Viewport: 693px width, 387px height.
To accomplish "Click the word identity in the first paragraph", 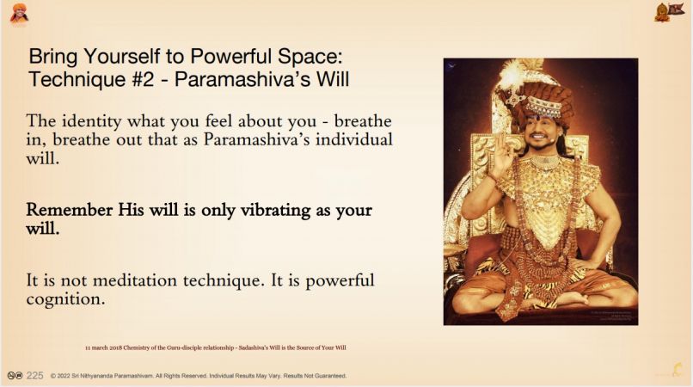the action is pos(91,121).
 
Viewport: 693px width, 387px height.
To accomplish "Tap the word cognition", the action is pos(66,300).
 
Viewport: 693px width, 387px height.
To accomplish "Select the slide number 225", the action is pos(35,376).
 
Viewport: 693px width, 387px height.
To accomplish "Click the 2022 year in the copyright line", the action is pos(64,376).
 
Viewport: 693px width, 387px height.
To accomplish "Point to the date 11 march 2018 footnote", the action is pos(103,347).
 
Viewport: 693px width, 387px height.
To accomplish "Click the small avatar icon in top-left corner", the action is pos(19,14).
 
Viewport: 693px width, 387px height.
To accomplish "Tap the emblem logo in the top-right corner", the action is pos(669,12).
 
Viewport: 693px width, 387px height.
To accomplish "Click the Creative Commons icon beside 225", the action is pos(15,376).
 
